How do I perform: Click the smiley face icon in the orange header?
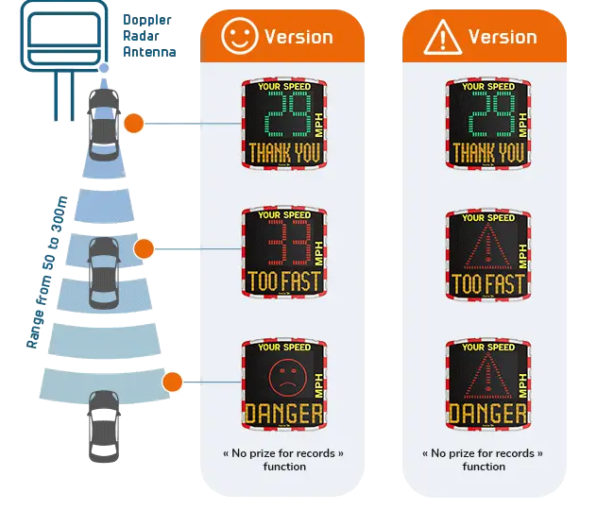click(240, 36)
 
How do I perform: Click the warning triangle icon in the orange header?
click(442, 37)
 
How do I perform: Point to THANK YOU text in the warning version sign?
click(487, 152)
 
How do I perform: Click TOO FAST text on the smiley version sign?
click(283, 280)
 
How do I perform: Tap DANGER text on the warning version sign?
click(487, 413)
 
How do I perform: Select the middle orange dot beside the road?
click(144, 249)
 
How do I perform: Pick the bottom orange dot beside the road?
click(172, 382)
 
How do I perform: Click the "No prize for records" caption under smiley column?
click(283, 459)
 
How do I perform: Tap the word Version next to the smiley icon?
click(298, 37)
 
